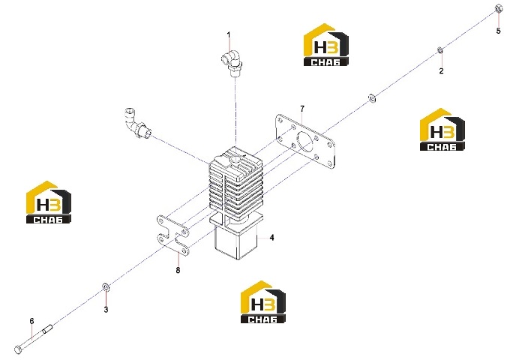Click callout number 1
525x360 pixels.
229,34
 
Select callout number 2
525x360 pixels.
441,71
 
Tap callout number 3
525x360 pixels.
106,310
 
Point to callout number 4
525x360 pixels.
271,238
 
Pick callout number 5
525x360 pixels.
498,31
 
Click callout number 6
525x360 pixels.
31,321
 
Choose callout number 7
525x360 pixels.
302,109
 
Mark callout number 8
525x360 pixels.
178,270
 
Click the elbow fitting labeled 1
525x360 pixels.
231,62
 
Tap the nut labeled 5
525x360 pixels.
498,8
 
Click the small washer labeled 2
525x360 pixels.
441,50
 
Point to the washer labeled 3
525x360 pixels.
106,286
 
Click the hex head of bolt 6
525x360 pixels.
18,349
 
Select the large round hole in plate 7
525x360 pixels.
305,142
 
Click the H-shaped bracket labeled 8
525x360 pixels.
172,235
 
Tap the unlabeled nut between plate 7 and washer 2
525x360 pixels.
372,98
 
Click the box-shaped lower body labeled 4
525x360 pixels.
235,243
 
